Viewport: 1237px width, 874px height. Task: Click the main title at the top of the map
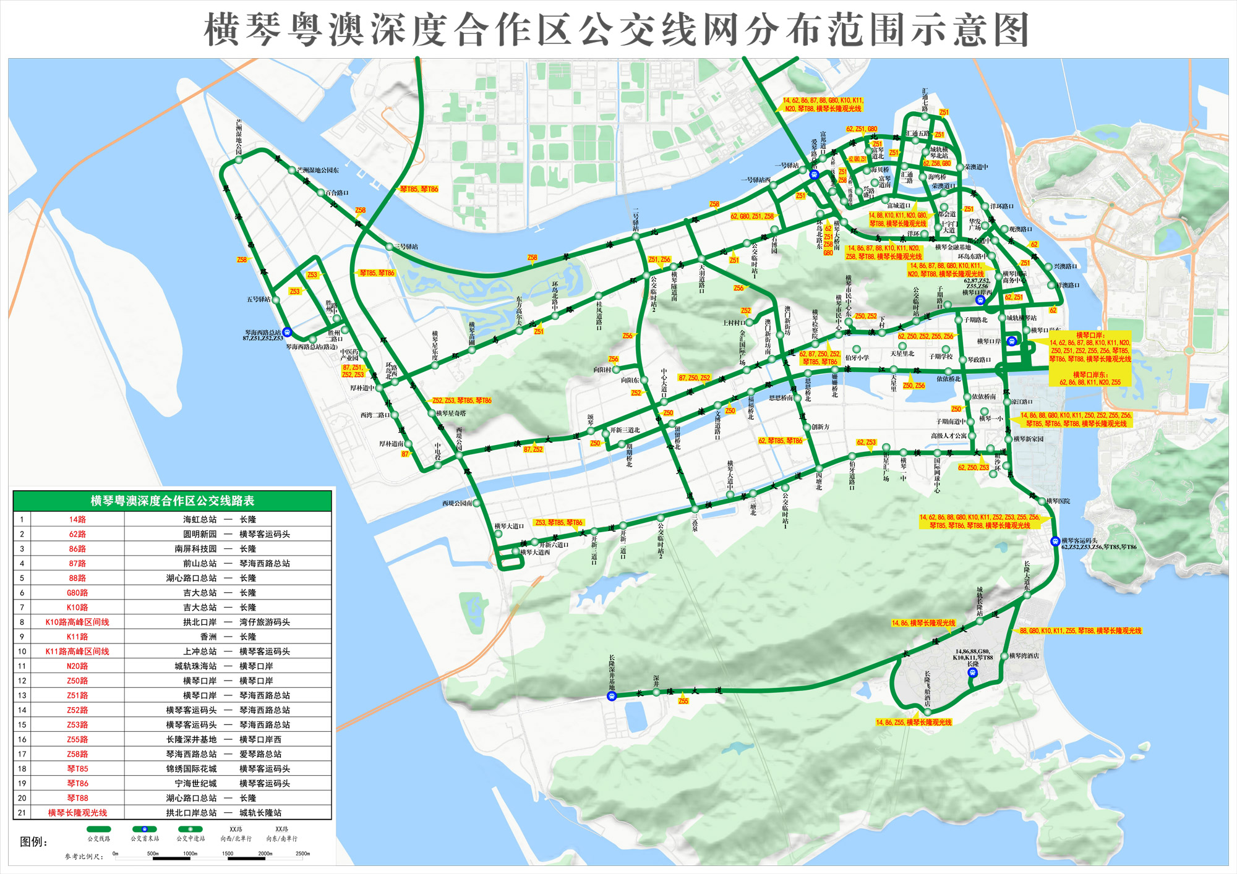pos(617,30)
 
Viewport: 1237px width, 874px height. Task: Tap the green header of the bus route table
pos(172,501)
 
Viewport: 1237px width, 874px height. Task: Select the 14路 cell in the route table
pos(77,520)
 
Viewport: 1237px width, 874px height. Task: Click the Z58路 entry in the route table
pos(77,754)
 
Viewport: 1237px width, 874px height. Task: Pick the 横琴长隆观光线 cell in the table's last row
pos(77,813)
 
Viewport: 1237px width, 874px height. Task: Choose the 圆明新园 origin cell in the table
pos(199,534)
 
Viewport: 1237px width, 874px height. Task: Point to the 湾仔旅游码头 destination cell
pos(264,622)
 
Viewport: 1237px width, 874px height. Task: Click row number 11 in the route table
pos(22,666)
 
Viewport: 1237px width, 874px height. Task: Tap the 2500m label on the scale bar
pos(302,854)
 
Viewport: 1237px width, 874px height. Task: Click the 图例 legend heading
pos(33,842)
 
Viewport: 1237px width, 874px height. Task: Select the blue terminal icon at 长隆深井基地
pos(612,696)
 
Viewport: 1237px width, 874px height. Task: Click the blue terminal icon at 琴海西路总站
pos(287,332)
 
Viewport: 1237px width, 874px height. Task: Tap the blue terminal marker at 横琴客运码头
pos(1055,541)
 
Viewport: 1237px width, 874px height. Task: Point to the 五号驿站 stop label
pos(259,300)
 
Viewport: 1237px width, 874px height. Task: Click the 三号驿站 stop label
pos(406,247)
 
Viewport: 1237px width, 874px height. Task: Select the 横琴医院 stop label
pos(1058,501)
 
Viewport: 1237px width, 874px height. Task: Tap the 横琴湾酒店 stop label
pos(1024,656)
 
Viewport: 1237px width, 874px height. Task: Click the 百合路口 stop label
pos(336,193)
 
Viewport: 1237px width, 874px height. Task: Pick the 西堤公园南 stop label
pos(457,503)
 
